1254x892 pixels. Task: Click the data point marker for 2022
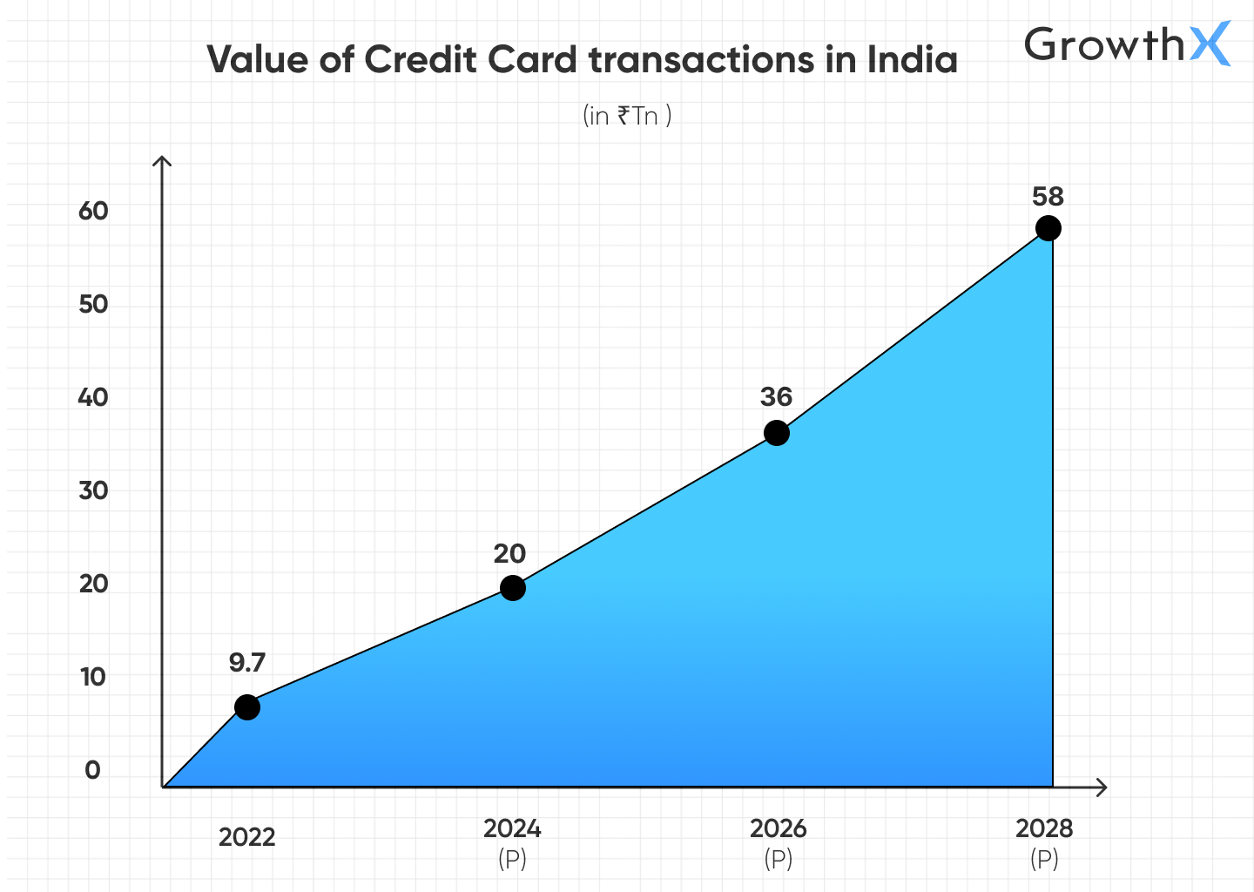(x=247, y=707)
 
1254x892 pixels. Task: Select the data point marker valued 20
(x=513, y=588)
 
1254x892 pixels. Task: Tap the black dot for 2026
(x=777, y=433)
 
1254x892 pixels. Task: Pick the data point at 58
(x=1048, y=228)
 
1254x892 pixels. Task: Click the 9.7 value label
(x=246, y=663)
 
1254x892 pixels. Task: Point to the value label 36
(x=776, y=397)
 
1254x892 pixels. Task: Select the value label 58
(x=1048, y=197)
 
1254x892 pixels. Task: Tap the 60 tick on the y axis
(x=93, y=211)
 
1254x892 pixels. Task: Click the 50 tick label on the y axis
(x=93, y=304)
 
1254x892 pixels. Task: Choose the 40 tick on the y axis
(x=93, y=397)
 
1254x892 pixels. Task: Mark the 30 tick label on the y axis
(x=93, y=490)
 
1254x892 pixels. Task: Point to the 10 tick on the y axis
(x=93, y=677)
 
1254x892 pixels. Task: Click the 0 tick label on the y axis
(x=92, y=770)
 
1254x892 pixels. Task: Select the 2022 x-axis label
(x=246, y=837)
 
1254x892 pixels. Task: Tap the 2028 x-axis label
(x=1044, y=828)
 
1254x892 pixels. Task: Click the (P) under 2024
(x=512, y=860)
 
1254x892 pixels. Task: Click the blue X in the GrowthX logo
(x=1210, y=44)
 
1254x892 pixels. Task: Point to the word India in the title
(x=912, y=60)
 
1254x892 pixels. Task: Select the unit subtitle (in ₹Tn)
(x=627, y=116)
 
